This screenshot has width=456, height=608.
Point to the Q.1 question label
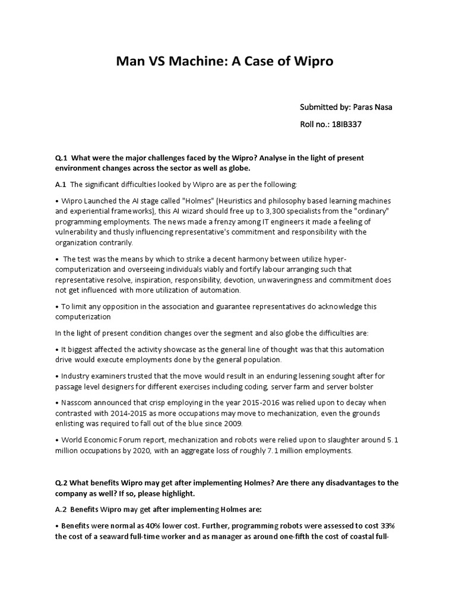(x=62, y=158)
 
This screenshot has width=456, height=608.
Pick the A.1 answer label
(x=61, y=185)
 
